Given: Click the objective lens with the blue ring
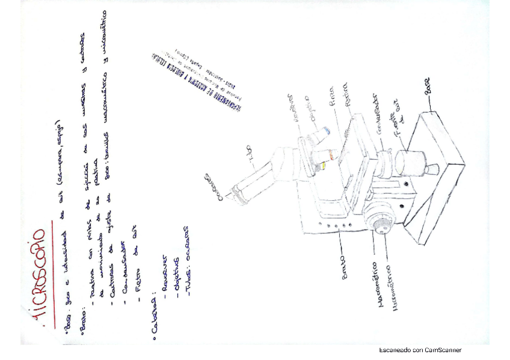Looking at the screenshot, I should (x=325, y=132).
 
